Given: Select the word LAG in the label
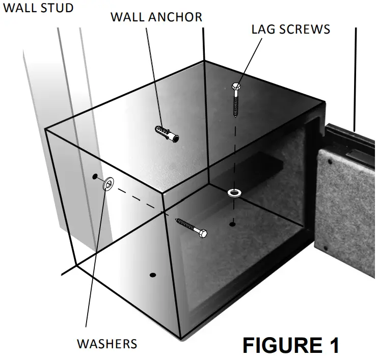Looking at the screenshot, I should (263, 29).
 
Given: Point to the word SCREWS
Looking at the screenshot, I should (305, 29).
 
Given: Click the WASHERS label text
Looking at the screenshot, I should (107, 344).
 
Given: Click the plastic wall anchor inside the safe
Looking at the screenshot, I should (167, 134).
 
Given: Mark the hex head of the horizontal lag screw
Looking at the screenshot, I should (202, 234).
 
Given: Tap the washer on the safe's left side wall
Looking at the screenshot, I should (108, 184).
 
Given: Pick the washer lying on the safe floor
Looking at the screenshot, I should (234, 192).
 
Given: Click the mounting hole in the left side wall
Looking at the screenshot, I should (95, 177).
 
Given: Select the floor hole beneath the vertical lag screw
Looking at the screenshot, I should (232, 224).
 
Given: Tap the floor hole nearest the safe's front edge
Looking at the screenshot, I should (152, 275).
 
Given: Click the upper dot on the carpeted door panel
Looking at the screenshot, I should (329, 161).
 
